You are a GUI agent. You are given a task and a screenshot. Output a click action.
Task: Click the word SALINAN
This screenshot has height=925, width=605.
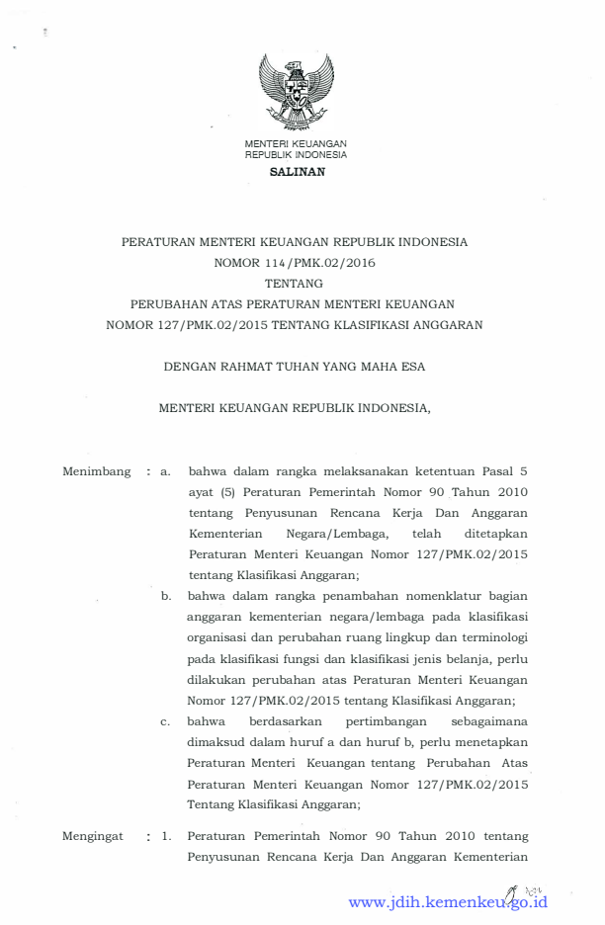tap(296, 171)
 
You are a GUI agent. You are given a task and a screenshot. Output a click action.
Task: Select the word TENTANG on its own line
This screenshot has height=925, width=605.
tap(296, 283)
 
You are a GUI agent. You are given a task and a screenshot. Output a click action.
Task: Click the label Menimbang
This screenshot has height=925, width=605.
tap(96, 471)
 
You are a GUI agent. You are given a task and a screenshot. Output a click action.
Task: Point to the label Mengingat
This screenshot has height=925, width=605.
tap(92, 836)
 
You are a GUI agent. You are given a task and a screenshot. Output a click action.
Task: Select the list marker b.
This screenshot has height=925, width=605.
tap(167, 596)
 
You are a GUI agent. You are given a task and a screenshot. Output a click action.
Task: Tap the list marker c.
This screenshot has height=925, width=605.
tap(167, 721)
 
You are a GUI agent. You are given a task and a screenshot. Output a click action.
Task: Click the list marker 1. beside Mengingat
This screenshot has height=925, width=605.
tap(167, 836)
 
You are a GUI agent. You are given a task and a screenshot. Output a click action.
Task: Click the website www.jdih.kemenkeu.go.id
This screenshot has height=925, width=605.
tap(447, 902)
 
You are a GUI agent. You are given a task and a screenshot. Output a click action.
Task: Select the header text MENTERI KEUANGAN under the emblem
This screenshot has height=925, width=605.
tap(296, 144)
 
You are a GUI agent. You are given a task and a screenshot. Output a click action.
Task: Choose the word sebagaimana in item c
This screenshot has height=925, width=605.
tap(487, 721)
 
